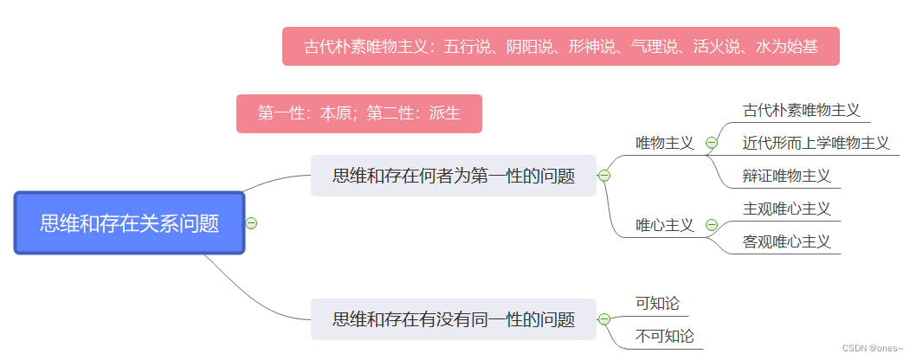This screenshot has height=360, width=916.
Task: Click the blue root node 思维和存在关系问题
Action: click(129, 223)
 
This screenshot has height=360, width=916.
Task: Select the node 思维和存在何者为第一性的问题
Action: click(453, 176)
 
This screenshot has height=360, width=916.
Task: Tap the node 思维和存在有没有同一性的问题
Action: click(453, 319)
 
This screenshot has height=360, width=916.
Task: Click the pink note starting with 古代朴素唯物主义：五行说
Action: click(560, 46)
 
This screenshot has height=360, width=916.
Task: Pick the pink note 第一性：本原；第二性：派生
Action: click(358, 113)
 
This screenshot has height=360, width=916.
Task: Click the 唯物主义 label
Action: click(664, 143)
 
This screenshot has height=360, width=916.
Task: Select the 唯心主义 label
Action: click(664, 225)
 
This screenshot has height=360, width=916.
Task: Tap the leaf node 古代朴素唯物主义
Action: click(801, 111)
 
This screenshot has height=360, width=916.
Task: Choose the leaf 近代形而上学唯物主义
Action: click(816, 143)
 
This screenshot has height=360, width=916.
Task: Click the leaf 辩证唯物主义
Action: click(786, 176)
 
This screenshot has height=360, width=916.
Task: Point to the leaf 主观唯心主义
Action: click(786, 209)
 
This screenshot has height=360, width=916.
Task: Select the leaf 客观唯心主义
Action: click(786, 241)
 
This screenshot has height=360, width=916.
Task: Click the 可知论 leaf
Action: click(657, 304)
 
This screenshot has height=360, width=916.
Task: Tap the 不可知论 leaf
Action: click(664, 337)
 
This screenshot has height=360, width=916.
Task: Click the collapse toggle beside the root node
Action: click(251, 223)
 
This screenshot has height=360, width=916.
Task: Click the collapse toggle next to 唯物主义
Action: click(712, 143)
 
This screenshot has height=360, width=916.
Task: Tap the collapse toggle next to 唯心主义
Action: click(712, 225)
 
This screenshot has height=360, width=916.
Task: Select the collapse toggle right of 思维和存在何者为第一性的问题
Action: click(604, 176)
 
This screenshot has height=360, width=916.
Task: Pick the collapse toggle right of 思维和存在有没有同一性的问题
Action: click(604, 319)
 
